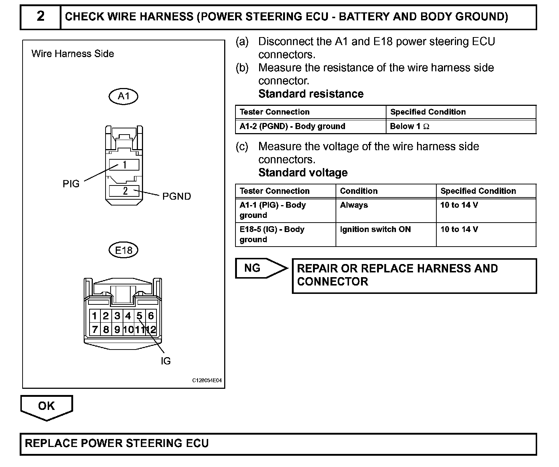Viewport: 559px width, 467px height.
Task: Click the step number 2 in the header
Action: coord(40,16)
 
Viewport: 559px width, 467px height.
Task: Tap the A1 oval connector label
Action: coord(124,96)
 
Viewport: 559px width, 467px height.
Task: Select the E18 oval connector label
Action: coord(124,250)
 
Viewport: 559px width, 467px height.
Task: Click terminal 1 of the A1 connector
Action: coord(124,165)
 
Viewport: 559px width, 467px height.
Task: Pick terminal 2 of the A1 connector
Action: coord(124,191)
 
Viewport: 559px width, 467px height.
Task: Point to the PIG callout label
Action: coord(71,184)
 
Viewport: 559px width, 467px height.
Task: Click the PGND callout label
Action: coord(177,196)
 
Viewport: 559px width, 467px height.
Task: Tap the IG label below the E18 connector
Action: coord(166,361)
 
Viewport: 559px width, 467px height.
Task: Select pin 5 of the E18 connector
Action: coord(139,316)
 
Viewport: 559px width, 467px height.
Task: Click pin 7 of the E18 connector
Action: coord(95,330)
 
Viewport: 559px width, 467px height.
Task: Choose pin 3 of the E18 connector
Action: coord(117,316)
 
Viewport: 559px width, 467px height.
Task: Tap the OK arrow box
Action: coord(47,406)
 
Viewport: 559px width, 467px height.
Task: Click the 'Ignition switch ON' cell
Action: coord(375,229)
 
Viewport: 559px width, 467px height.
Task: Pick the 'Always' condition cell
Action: coord(354,205)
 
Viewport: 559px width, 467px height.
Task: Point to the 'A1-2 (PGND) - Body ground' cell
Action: coord(292,127)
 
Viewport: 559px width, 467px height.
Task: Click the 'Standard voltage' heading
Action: coord(303,172)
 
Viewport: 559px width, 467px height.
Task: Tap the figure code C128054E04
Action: coord(207,380)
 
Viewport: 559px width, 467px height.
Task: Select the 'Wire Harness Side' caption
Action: coord(73,54)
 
